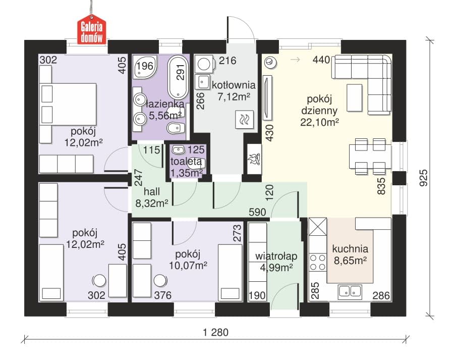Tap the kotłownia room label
pos(234,85)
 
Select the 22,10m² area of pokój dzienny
pos(319,122)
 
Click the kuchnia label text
pos(350,249)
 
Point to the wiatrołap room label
pos(276,256)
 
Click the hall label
pos(152,192)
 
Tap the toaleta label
pos(186,161)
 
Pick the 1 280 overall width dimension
pos(216,332)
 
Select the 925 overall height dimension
pos(424,178)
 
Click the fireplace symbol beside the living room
pos(253,159)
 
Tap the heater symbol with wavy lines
pos(244,120)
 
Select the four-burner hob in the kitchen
pos(318,263)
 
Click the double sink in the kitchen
pos(350,292)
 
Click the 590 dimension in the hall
pos(257,212)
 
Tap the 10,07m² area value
pos(188,265)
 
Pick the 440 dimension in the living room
pos(321,60)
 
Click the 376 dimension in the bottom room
pos(163,295)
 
